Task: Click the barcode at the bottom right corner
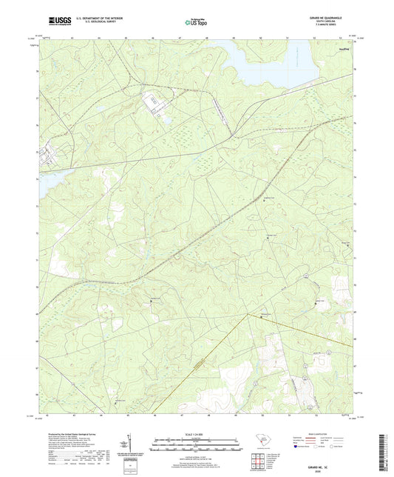tap(383, 444)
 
